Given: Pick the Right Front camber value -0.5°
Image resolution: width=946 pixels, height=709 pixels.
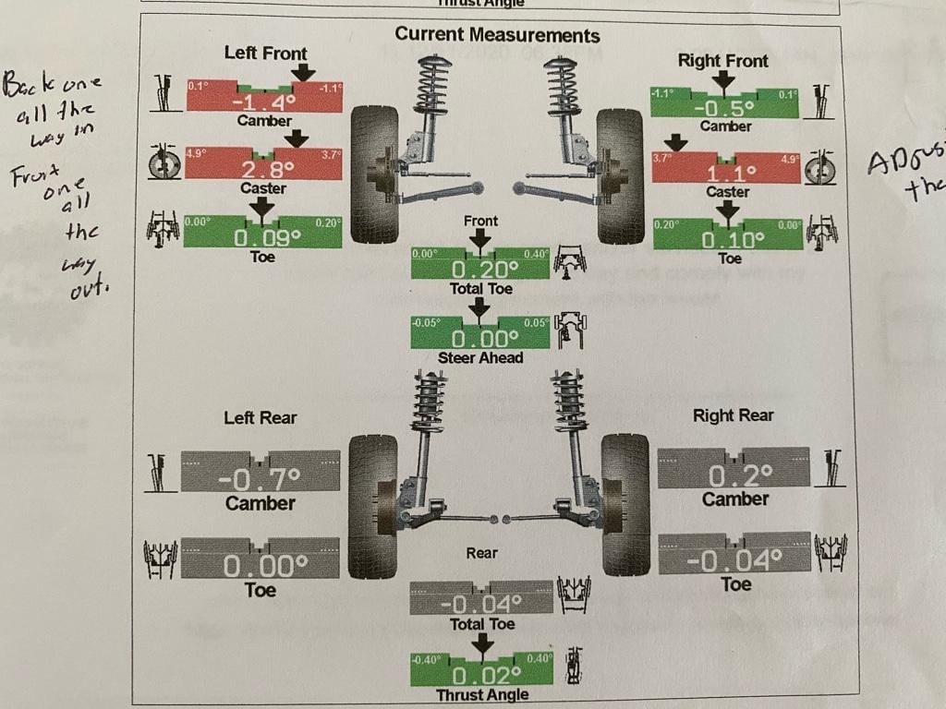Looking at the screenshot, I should coord(726,107).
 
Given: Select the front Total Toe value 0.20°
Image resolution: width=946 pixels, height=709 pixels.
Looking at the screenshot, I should coord(480,270).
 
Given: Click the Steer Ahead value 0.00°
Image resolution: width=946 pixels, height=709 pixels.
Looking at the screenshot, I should coord(480,339).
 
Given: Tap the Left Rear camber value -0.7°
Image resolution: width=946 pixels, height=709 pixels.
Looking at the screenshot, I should coord(260,479).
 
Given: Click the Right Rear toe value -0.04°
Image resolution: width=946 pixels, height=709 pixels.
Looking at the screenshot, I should coord(735,559).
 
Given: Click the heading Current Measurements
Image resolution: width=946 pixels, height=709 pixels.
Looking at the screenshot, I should coord(497,35).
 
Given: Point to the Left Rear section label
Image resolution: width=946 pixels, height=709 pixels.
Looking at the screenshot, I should coord(261,418).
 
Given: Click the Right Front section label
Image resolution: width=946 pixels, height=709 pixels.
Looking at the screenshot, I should coord(722,61).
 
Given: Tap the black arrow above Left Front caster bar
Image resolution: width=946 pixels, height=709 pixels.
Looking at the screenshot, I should coord(296,138).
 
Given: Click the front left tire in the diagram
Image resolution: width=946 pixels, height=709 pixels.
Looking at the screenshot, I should coord(374,175).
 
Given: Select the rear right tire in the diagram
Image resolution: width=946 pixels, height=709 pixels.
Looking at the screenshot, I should coord(625,503).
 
